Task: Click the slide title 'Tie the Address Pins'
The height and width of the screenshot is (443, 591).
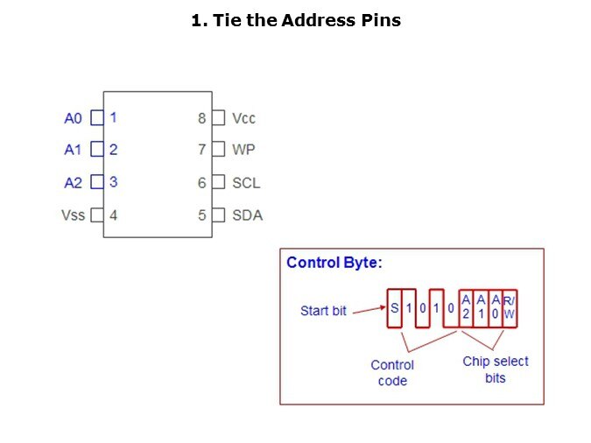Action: (296, 20)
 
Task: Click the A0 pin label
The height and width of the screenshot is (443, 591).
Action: (74, 118)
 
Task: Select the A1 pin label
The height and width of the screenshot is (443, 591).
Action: (74, 150)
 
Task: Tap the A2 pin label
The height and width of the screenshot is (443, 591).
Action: (74, 183)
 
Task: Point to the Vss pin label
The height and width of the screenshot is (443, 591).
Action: (74, 214)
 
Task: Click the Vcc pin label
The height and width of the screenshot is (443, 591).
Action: (244, 118)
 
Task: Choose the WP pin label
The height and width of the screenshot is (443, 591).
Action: (243, 150)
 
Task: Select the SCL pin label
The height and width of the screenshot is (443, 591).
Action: (246, 183)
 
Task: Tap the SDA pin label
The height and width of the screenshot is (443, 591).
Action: (247, 214)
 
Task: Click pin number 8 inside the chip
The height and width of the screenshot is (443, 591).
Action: (202, 118)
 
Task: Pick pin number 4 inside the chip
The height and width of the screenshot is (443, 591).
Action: (114, 214)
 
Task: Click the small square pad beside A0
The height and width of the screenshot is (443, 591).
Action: (97, 117)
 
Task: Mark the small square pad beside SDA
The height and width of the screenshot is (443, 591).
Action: (218, 214)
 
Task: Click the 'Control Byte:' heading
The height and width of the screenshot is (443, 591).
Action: (334, 262)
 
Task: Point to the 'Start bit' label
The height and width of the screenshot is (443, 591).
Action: (323, 311)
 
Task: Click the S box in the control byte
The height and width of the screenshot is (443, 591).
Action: (395, 308)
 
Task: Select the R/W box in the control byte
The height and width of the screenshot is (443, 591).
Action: (510, 307)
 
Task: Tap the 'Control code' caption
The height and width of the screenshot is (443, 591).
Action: (392, 373)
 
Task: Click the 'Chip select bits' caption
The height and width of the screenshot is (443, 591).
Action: (496, 369)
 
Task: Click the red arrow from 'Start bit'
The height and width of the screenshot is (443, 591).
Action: (369, 309)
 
